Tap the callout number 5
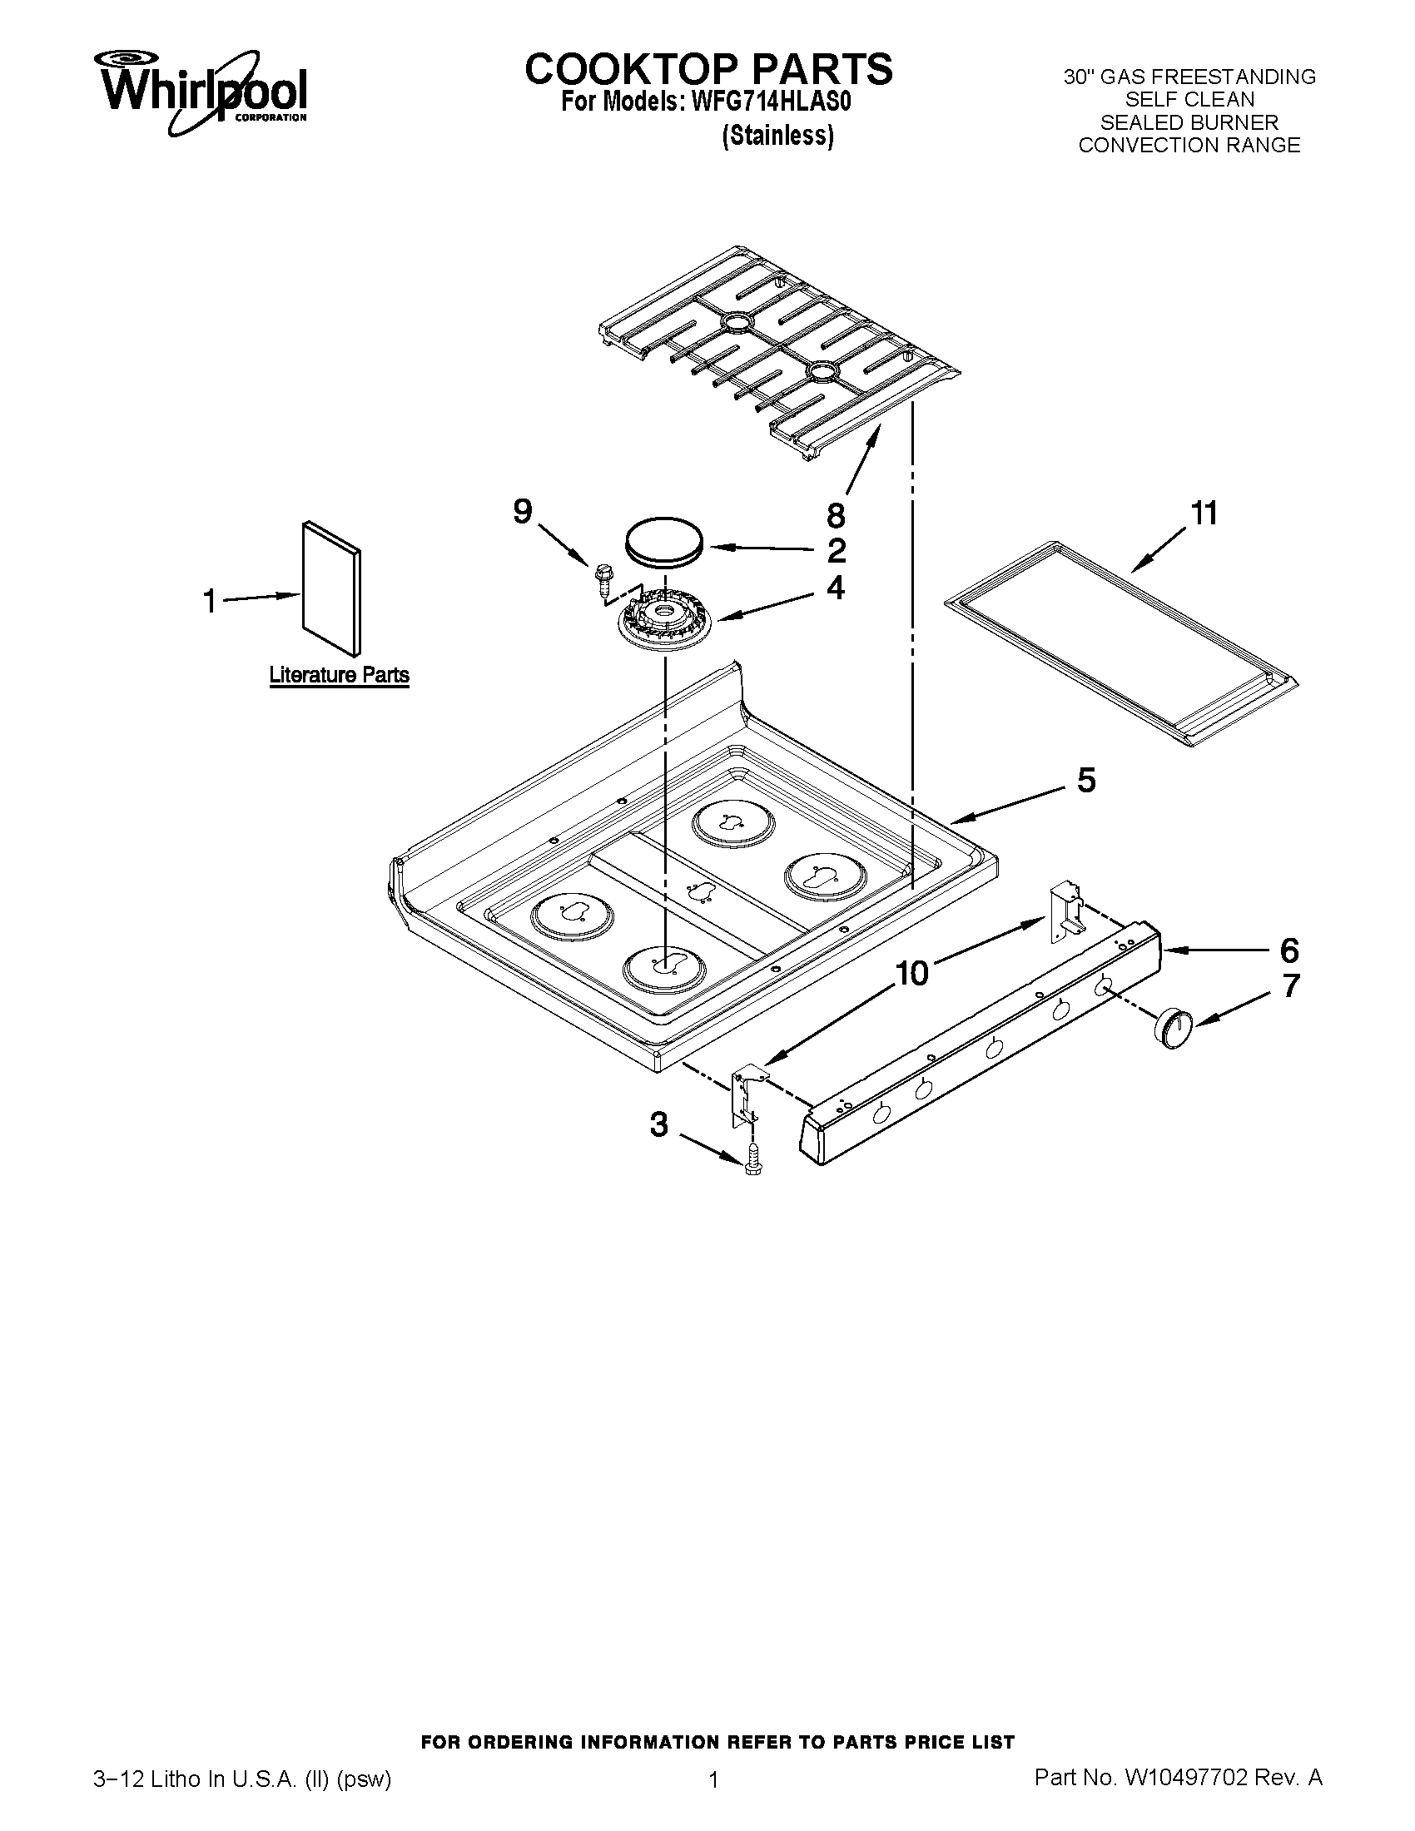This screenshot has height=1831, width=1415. pos(1085,781)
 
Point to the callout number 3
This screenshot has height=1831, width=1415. pos(660,1124)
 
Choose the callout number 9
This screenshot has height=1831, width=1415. pos(522,510)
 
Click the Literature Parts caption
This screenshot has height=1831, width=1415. pos(339,675)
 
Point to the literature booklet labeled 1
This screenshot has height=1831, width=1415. pos(332,588)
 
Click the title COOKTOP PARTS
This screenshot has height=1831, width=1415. pos(708,69)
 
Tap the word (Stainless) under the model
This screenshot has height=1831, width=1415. pos(778,136)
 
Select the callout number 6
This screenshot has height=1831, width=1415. pos(1288,950)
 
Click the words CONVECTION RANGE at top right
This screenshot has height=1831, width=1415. pos(1189,145)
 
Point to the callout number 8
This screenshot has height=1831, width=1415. pos(835,514)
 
